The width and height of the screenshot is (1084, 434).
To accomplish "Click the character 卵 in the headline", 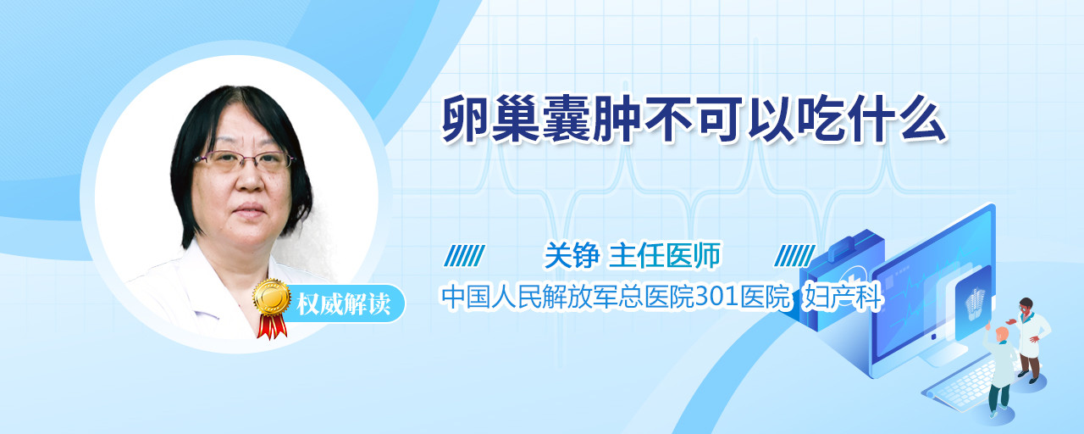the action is point(467,120).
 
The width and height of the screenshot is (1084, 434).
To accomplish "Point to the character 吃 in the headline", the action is point(821,120).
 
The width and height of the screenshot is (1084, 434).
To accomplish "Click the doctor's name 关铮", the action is point(572,255).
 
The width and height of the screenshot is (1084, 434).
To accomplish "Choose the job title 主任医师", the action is point(664,255).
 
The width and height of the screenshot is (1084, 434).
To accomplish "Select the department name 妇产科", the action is point(842,297).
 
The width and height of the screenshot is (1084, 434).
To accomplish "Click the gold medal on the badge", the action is point(272,297).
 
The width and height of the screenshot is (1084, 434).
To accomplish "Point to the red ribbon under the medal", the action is point(272,326).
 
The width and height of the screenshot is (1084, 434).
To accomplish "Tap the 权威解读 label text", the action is point(343,304).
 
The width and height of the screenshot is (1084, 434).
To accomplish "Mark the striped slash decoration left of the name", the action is point(464,256).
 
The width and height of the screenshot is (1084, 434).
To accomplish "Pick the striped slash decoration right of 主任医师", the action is point(794,256).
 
